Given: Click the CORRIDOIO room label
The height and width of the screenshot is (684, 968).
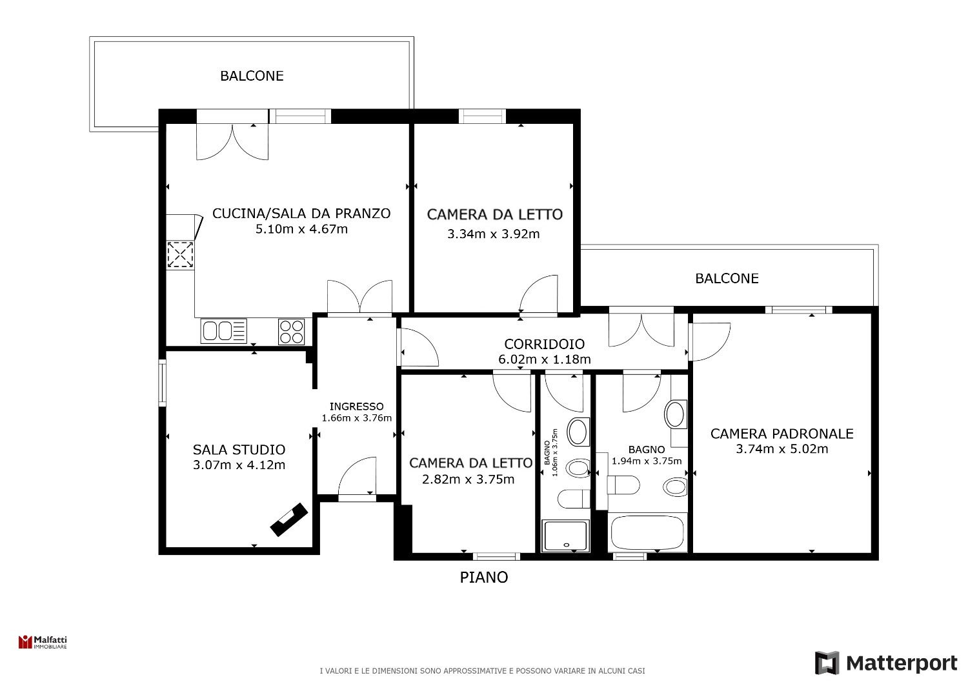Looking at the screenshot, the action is pyautogui.click(x=544, y=344).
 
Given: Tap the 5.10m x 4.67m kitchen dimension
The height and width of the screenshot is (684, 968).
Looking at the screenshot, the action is pyautogui.click(x=301, y=229).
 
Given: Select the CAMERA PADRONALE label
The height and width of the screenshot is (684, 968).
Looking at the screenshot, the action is pyautogui.click(x=781, y=434).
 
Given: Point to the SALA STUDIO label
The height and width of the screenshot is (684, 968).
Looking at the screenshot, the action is pyautogui.click(x=239, y=450).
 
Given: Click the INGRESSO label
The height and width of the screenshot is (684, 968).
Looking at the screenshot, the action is pyautogui.click(x=356, y=406).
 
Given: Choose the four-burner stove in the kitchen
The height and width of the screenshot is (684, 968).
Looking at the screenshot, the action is pyautogui.click(x=291, y=332).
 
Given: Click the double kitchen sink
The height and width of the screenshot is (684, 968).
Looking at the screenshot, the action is pyautogui.click(x=223, y=332).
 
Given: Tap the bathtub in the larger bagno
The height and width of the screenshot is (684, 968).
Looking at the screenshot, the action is pyautogui.click(x=647, y=532).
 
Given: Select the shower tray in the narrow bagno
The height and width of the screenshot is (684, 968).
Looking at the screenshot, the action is pyautogui.click(x=566, y=536).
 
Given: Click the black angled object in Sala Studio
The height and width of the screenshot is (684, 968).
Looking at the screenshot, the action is pyautogui.click(x=289, y=520).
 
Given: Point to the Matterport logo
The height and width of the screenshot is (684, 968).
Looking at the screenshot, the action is pyautogui.click(x=886, y=663).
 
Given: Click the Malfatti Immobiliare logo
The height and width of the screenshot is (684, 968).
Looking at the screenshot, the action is pyautogui.click(x=43, y=642).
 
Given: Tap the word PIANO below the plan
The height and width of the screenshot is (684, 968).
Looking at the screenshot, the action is pyautogui.click(x=483, y=578).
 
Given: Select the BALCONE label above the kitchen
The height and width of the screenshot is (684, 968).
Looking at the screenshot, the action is pyautogui.click(x=252, y=76).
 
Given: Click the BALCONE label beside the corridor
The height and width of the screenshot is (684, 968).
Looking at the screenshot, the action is pyautogui.click(x=727, y=278).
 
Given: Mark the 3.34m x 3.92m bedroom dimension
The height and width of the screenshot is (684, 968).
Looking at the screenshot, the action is pyautogui.click(x=493, y=234).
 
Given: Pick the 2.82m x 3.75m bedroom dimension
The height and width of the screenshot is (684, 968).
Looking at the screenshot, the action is pyautogui.click(x=468, y=479).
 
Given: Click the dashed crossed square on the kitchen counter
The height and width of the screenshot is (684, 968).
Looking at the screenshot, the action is pyautogui.click(x=180, y=254).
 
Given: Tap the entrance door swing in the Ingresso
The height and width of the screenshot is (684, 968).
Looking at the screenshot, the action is pyautogui.click(x=357, y=476).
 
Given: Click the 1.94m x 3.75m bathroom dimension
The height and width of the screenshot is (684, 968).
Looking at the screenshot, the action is pyautogui.click(x=647, y=461).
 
